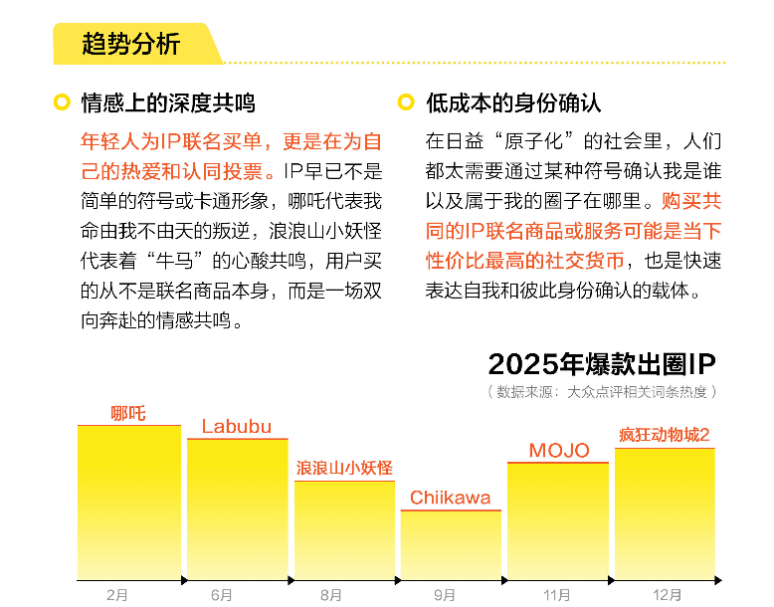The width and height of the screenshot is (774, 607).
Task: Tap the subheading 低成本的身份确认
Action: [513, 102]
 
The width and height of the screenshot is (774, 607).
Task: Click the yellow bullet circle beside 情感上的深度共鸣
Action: [62, 102]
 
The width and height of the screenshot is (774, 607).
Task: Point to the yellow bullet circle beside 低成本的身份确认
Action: [406, 102]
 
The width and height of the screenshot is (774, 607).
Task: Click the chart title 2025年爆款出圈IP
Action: [602, 363]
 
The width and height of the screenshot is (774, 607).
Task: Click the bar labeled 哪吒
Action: [129, 503]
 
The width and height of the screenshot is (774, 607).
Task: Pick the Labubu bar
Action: [237, 508]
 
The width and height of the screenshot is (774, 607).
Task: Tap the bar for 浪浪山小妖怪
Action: [344, 529]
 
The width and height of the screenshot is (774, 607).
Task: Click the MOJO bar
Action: [557, 520]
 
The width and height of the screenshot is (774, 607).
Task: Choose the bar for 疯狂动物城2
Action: [665, 513]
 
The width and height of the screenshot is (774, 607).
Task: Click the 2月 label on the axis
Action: [117, 595]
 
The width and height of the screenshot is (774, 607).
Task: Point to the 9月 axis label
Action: [445, 595]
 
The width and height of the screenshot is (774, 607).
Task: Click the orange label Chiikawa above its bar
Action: [450, 498]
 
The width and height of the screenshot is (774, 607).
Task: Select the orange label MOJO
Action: [559, 451]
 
